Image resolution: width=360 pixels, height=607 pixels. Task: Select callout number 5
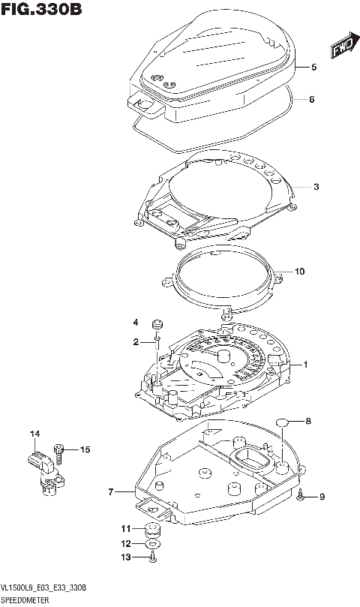(314, 68)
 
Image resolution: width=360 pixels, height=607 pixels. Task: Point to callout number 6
(311, 99)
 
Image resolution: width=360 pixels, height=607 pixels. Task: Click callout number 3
(316, 186)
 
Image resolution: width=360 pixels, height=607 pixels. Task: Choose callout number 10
(300, 272)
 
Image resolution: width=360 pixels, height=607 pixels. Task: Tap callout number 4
(136, 323)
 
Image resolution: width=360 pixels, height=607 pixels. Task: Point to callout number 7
(110, 492)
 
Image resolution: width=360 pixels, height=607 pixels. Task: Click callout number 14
(34, 434)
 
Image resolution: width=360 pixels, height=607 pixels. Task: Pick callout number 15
(85, 449)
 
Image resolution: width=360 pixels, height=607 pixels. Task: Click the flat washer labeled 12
(153, 543)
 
